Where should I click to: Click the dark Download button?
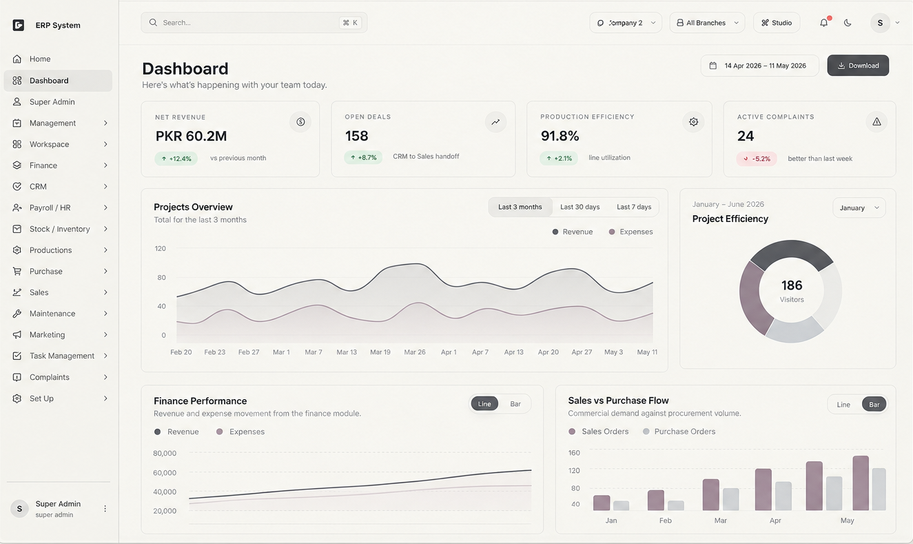[x=858, y=66]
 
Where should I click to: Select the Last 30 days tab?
[x=579, y=207]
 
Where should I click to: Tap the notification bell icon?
[x=823, y=23]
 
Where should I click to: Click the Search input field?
[x=254, y=23]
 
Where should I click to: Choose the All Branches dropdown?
[x=707, y=23]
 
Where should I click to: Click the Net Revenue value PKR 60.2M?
[x=191, y=136]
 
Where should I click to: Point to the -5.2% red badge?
[x=757, y=159]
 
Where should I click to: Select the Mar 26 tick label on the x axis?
[x=415, y=352]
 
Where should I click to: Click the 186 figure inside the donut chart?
[x=792, y=285]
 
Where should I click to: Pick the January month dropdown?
[x=859, y=208]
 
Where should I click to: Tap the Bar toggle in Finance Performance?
[x=515, y=404]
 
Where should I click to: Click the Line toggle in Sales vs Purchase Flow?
[x=843, y=405]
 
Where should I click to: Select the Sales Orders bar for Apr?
[x=763, y=490]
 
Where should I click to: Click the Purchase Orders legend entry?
[x=679, y=432]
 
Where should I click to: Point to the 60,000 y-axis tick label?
[x=165, y=472]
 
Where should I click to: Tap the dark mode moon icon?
[x=848, y=23]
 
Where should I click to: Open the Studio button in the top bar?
[x=777, y=23]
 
